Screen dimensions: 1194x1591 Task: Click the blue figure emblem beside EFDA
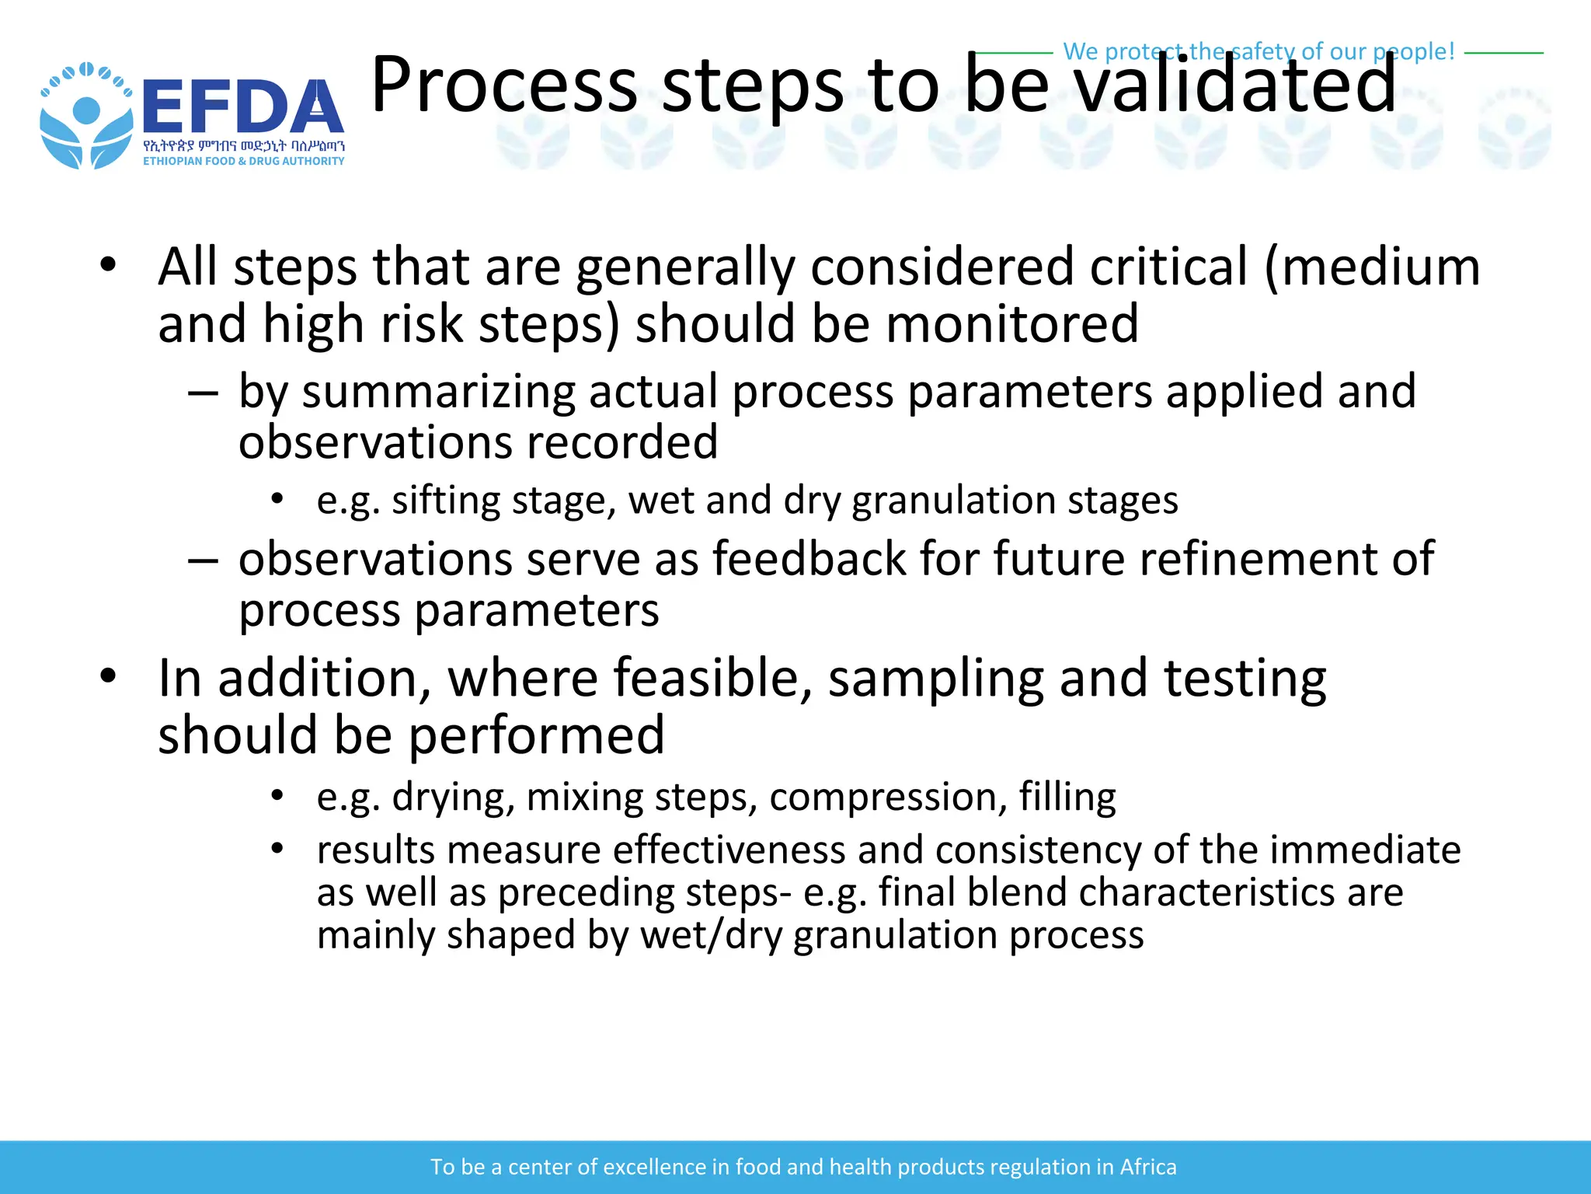point(85,117)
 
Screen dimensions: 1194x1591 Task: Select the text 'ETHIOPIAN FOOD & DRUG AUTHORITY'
point(243,161)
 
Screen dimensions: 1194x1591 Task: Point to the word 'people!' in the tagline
point(1413,51)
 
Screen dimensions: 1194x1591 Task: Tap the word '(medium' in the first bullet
point(1372,267)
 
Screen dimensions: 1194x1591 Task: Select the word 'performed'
point(536,735)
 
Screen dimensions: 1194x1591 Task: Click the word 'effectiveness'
point(729,850)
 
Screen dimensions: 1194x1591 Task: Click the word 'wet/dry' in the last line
point(711,934)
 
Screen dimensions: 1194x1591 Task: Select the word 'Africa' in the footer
point(1147,1167)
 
